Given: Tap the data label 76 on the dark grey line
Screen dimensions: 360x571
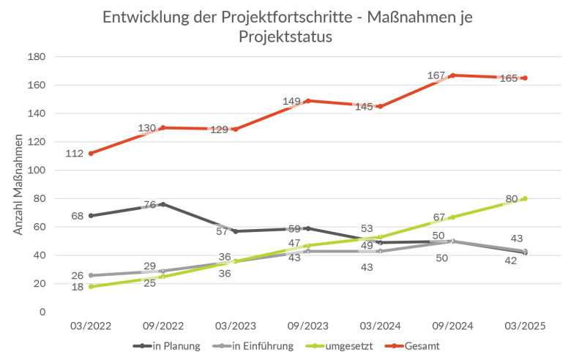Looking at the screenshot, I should pos(149,205).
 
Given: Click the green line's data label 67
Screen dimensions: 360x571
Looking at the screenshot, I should pos(438,217).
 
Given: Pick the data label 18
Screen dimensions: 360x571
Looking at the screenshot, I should pos(77,288).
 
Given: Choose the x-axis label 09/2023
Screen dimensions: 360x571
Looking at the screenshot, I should pos(307,326).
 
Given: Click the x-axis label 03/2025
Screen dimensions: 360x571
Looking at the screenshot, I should pos(525,326).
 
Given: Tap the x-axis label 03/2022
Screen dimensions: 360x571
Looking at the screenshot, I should pos(90,326).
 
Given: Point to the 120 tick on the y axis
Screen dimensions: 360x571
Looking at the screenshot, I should pos(36,142).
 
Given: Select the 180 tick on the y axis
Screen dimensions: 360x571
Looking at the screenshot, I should pos(36,57).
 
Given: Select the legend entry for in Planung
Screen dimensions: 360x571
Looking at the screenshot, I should pos(173,345).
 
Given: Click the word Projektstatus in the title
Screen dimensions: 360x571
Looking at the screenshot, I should pos(285,37).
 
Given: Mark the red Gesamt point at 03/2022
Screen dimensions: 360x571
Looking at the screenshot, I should pos(90,154).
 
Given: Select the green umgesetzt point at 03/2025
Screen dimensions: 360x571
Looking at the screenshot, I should pos(525,198).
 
